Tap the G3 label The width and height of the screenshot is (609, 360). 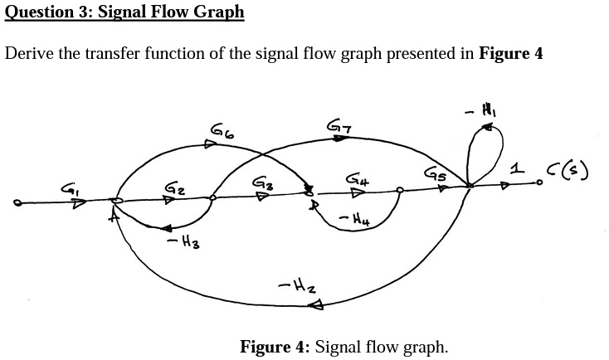tap(261, 180)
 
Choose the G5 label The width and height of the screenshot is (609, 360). tap(435, 174)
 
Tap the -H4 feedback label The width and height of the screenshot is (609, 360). tap(353, 219)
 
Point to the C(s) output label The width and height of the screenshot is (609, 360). tap(574, 172)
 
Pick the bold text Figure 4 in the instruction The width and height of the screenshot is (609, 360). tap(511, 54)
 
